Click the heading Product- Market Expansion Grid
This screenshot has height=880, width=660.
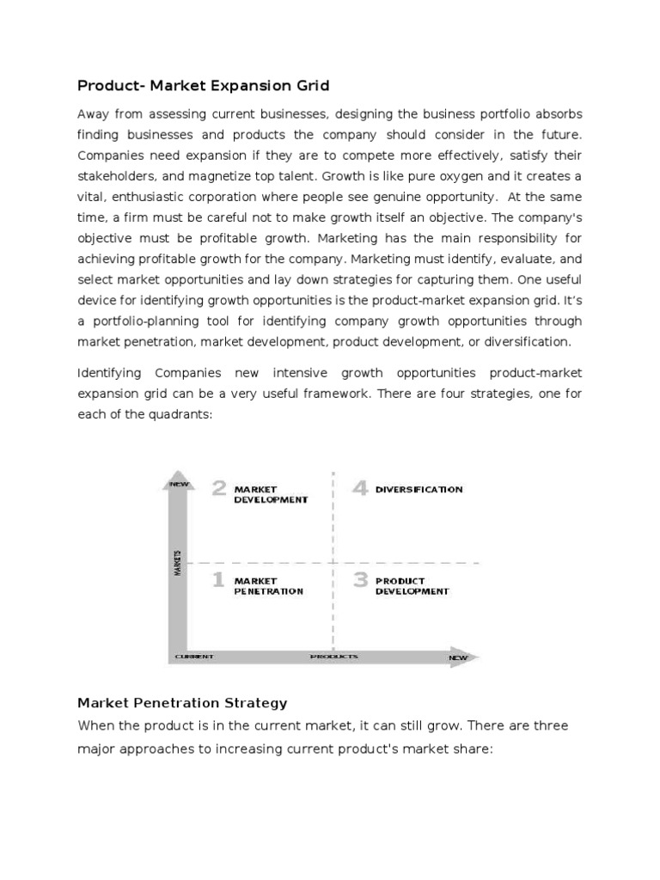click(204, 86)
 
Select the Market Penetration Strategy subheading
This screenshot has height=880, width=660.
click(182, 703)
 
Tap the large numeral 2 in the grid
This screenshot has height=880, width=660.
click(220, 489)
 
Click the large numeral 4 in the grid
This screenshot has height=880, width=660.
click(360, 489)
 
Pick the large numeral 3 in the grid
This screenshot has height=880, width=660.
click(361, 581)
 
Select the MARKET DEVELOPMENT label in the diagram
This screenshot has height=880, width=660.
click(271, 494)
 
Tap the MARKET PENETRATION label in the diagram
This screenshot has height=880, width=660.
click(268, 586)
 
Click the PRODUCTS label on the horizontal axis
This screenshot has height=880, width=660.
click(334, 657)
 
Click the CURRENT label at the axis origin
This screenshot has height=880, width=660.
click(194, 657)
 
